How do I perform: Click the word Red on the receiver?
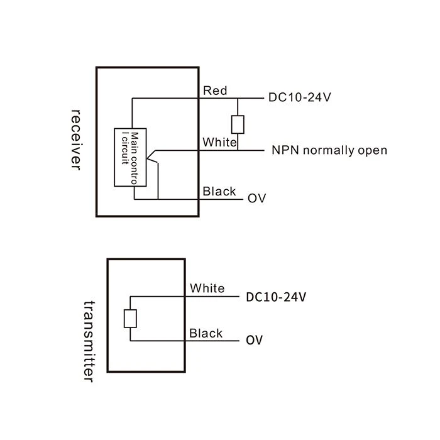[215, 91]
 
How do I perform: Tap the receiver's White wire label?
[220, 142]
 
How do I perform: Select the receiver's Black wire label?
[219, 191]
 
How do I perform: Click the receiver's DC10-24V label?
[300, 97]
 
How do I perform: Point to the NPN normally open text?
[329, 150]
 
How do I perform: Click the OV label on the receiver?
[256, 199]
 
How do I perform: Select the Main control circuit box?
[130, 157]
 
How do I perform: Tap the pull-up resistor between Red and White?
[238, 124]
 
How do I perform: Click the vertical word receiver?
[76, 140]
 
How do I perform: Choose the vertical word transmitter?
[89, 341]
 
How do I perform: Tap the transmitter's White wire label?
[207, 288]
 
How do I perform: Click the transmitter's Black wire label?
[206, 333]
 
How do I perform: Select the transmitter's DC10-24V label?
[276, 297]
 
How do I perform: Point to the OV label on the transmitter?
[254, 340]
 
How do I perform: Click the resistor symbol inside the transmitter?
[130, 319]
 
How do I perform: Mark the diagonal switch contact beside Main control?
[152, 157]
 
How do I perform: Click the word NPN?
[285, 150]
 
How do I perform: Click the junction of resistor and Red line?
[238, 98]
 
